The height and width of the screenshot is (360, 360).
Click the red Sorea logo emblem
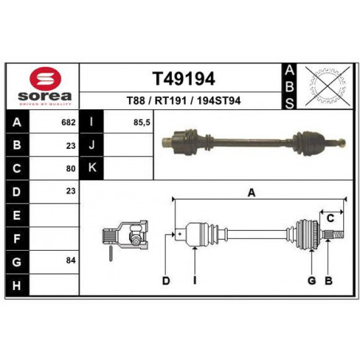(x=45, y=78)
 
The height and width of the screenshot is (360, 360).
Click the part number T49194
(x=183, y=79)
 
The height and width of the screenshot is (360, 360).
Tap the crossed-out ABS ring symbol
(x=328, y=86)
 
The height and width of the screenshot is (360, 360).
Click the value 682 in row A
(x=68, y=123)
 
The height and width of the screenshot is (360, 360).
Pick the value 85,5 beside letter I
(x=142, y=123)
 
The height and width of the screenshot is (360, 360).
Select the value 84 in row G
(x=71, y=260)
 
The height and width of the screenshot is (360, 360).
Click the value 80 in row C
(x=71, y=169)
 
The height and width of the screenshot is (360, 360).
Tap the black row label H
(x=17, y=285)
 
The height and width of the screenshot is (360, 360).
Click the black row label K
(x=92, y=168)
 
